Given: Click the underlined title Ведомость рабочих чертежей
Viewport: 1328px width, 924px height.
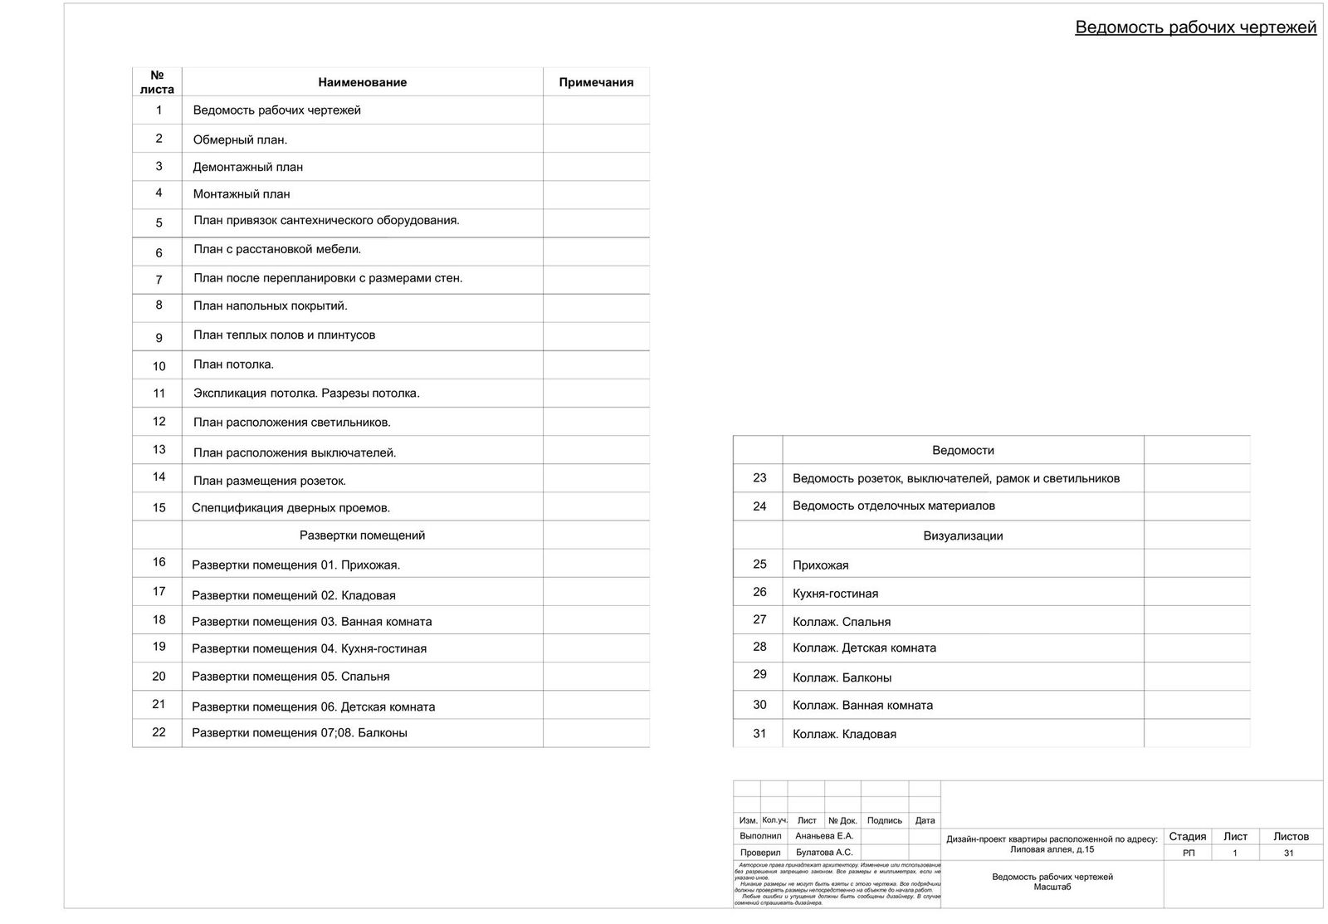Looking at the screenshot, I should point(1195,27).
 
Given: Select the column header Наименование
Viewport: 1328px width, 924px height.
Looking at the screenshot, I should point(362,82).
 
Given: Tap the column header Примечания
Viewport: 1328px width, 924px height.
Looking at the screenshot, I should point(596,82).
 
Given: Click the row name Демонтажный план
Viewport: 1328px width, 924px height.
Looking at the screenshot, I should point(247,167).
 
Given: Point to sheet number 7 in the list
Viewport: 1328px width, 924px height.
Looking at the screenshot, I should point(159,280).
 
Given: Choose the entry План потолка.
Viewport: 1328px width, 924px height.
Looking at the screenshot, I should point(233,364).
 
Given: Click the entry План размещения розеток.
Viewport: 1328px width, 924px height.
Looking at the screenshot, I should point(269,481).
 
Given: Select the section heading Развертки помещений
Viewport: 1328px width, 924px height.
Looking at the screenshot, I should point(362,535).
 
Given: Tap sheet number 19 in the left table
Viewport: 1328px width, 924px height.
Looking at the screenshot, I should point(159,647).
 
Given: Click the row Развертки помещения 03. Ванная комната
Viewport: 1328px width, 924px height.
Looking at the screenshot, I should point(311,621).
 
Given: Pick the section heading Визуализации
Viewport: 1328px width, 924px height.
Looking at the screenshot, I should point(963,535).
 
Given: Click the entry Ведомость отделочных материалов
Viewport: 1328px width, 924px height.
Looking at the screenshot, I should point(893,506).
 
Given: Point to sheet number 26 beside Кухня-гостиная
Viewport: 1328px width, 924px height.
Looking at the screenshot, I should point(759,592).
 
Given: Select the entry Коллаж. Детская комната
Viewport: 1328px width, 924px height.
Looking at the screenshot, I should point(864,648).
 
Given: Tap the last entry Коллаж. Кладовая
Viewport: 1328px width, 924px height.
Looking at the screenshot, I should point(844,734).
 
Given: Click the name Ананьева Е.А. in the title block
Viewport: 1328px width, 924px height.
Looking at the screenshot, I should point(823,836).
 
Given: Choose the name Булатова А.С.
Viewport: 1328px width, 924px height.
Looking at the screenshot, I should point(823,853).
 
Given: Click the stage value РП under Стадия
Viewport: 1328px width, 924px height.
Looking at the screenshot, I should point(1188,853).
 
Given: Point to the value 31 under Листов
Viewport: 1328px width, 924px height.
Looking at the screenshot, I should point(1288,853).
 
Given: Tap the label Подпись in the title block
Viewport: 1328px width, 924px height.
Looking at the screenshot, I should point(884,820).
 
